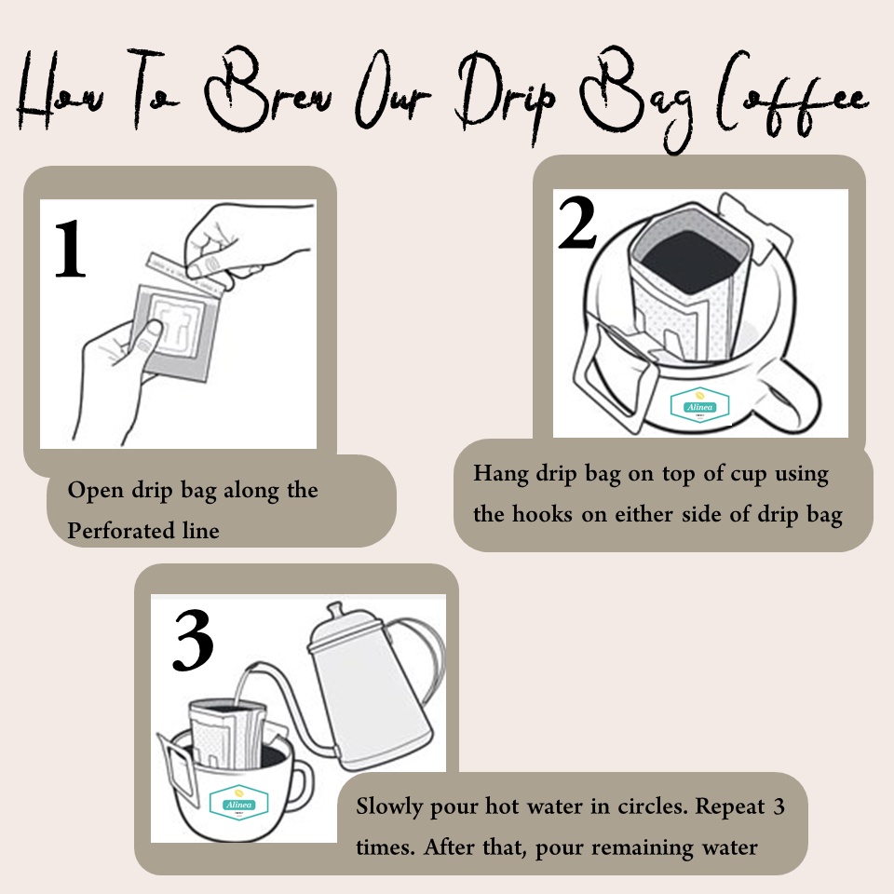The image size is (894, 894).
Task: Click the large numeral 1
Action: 70,250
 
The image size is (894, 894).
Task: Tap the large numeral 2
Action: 577,223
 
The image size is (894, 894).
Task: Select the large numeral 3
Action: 193,640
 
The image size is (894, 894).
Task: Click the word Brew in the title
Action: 268,91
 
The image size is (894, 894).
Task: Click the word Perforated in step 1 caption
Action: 121,531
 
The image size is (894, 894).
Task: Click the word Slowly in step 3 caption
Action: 389,807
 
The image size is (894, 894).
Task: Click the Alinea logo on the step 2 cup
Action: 699,405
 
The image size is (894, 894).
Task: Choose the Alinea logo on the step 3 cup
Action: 239,802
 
